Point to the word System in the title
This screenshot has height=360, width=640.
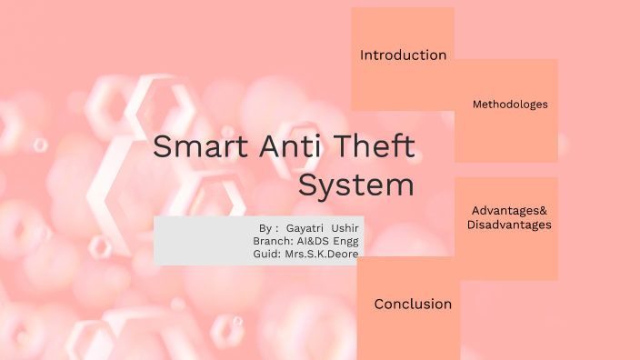point(356,185)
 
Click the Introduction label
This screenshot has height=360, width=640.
point(403,55)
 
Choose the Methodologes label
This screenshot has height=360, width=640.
point(510,105)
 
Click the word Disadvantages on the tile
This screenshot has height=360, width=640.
point(509,225)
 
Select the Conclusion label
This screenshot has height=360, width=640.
point(413,305)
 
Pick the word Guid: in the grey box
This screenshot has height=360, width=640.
point(267,254)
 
